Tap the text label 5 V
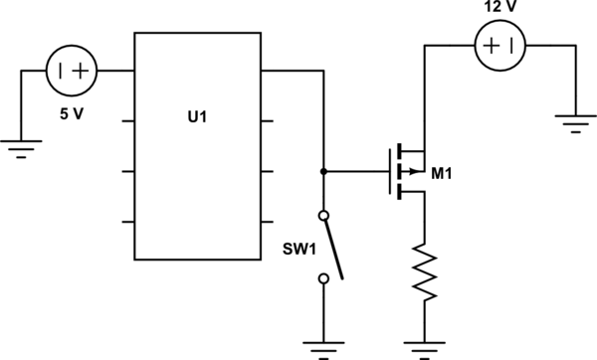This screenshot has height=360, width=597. point(71,113)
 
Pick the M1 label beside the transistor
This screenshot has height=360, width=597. point(444,176)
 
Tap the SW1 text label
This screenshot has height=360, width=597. point(299,249)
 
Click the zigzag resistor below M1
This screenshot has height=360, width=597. point(425,271)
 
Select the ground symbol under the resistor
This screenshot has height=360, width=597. point(425,348)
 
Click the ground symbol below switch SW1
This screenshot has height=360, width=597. point(322,348)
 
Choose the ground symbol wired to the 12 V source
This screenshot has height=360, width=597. point(576,123)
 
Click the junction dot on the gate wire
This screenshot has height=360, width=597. point(322,171)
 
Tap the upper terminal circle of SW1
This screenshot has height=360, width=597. point(322,215)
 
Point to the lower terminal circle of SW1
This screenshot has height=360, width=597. point(322,279)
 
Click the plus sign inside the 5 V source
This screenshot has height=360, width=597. point(80,72)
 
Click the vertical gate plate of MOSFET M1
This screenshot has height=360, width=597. point(389,171)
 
